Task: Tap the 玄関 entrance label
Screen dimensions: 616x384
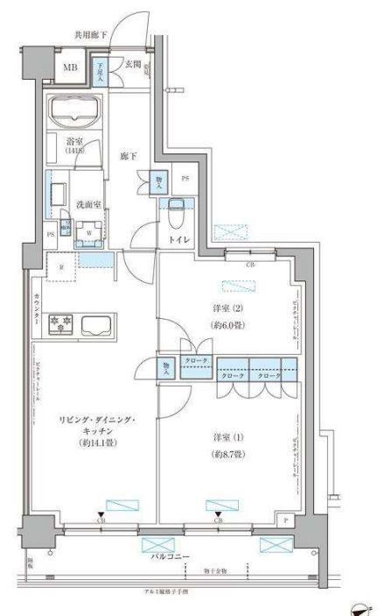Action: click(x=133, y=62)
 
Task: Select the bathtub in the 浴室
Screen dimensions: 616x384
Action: click(x=74, y=113)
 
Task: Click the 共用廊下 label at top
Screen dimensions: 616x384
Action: click(x=90, y=36)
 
